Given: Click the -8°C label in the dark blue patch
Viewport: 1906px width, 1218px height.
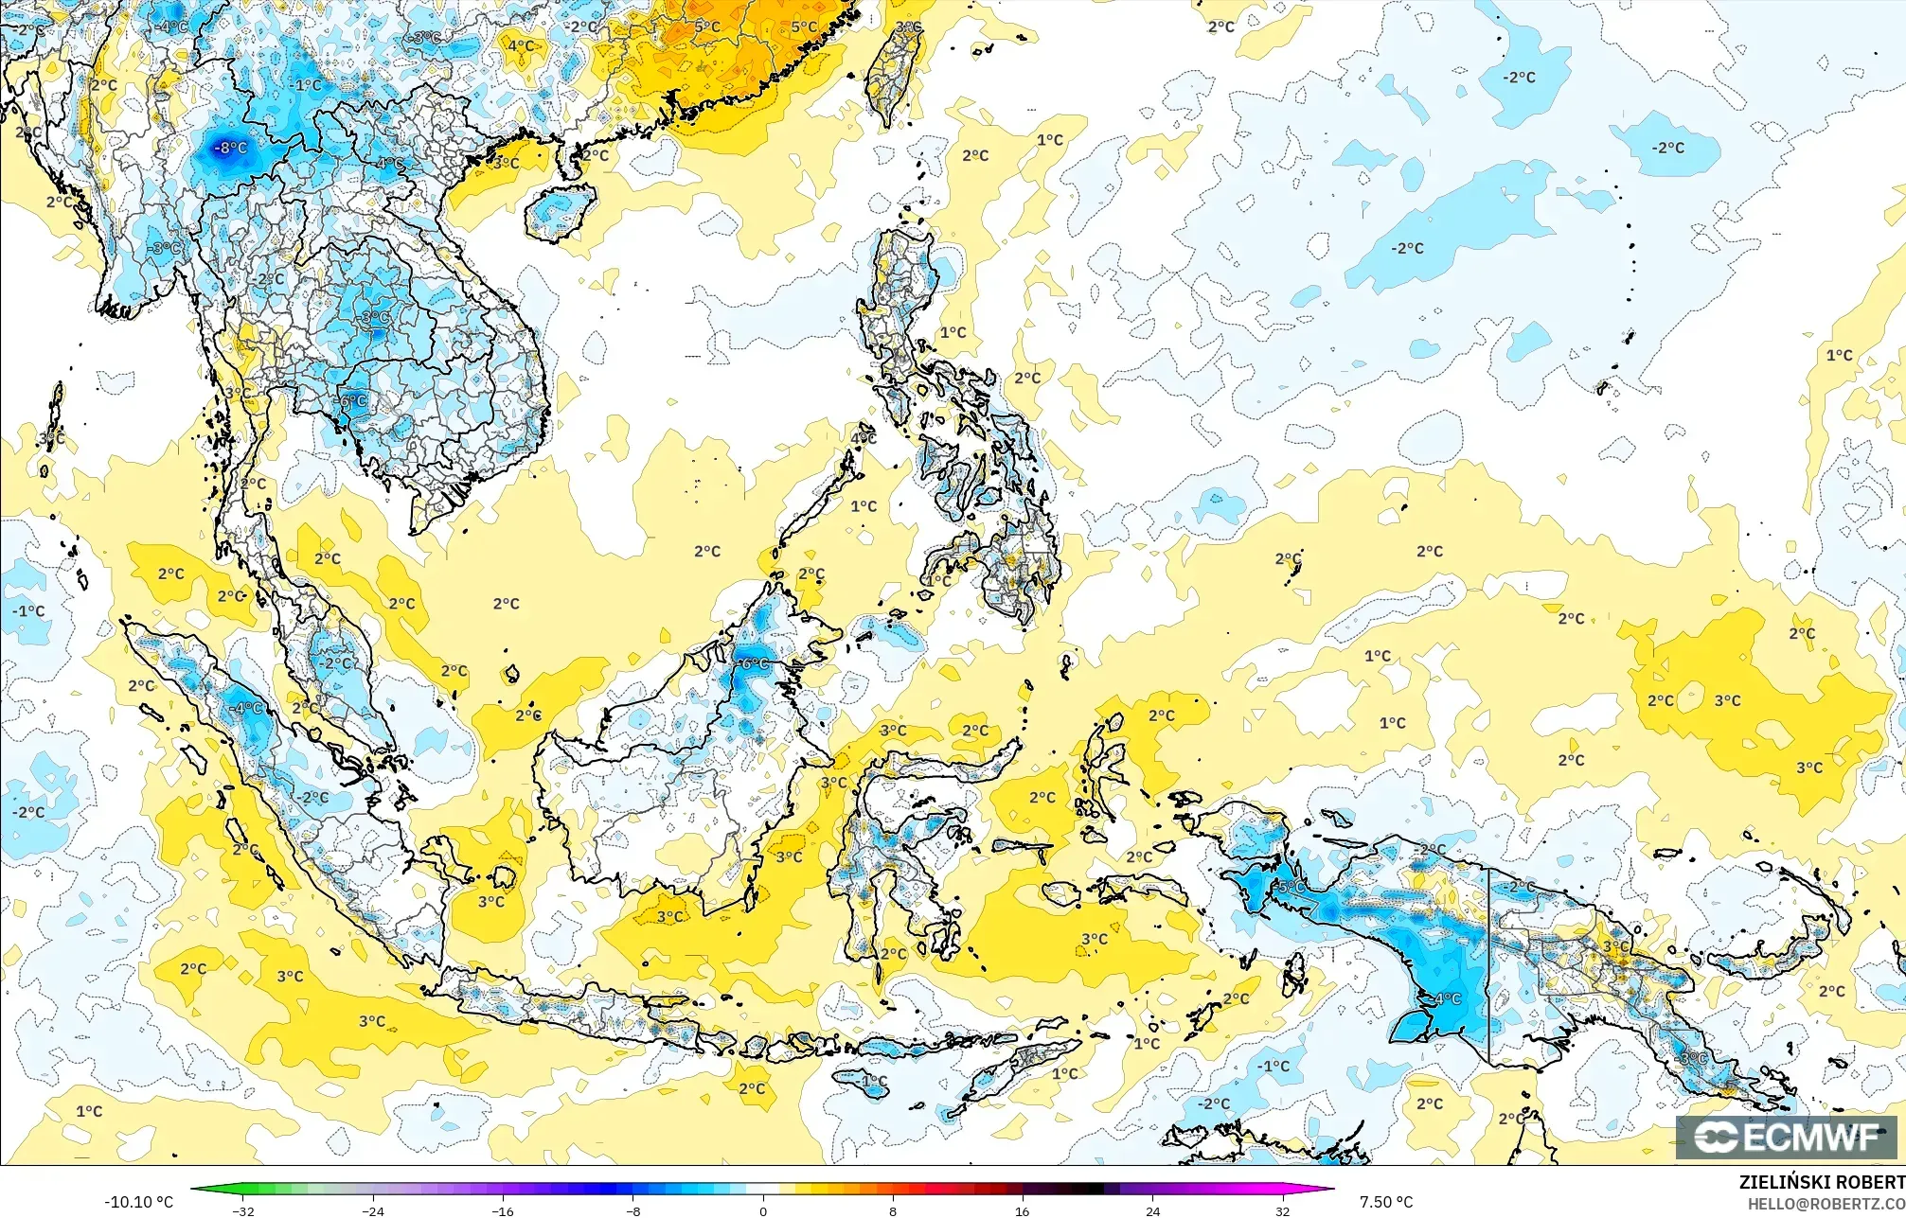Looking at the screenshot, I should [x=230, y=148].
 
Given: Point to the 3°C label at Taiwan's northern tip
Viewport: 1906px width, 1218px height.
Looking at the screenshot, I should [x=908, y=27].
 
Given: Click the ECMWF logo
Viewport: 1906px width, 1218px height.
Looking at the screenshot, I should [x=1786, y=1138].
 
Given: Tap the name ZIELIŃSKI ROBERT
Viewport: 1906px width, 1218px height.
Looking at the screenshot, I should [x=1821, y=1182].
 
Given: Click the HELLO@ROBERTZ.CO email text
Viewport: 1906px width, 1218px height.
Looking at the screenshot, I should [x=1826, y=1204].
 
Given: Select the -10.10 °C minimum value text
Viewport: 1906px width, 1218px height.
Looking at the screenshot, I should [x=138, y=1202].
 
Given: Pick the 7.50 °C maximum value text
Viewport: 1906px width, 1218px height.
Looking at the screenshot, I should [x=1386, y=1202].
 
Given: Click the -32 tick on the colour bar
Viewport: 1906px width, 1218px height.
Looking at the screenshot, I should [x=243, y=1211].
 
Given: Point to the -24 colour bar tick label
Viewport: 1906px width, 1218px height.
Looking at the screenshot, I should [x=373, y=1211].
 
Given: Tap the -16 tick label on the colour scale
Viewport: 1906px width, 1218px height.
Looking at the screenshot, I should [x=503, y=1211].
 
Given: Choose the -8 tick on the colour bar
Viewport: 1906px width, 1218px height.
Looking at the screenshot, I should [x=632, y=1211].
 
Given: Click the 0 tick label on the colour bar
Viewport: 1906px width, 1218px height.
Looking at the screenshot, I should [x=763, y=1211].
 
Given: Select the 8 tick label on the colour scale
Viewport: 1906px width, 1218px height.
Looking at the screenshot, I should [x=893, y=1211].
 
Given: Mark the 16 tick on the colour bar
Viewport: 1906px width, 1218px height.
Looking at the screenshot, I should [x=1023, y=1211].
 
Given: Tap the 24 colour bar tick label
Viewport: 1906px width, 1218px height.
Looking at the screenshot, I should [x=1152, y=1211].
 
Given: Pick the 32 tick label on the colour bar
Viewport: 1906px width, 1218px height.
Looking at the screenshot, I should [x=1282, y=1211].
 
